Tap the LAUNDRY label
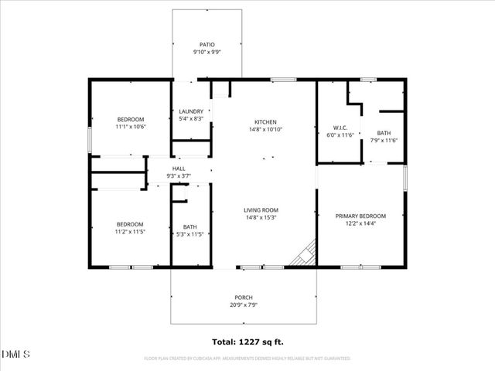point(191,111)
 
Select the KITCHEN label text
point(265,122)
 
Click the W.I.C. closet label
point(340,128)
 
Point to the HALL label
point(179,168)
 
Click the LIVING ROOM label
point(261,210)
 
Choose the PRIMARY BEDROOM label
point(360,216)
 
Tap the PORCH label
point(244,298)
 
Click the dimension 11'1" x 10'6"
point(131,127)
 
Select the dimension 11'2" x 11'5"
point(131,232)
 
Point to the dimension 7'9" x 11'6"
point(383,140)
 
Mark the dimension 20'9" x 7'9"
point(244,305)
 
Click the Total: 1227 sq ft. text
point(247,341)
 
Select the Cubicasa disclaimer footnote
point(247,359)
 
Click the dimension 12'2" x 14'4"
point(360,224)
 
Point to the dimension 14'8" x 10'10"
point(265,130)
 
